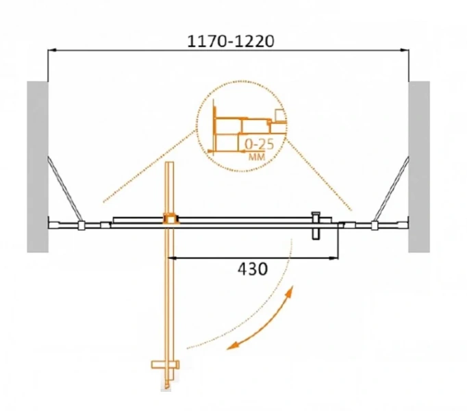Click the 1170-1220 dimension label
click(231, 41)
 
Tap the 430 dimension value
click(253, 269)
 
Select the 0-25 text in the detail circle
click(259, 145)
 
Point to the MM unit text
click(257, 157)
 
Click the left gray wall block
click(38, 167)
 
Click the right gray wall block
click(419, 167)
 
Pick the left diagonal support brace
click(64, 190)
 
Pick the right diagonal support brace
click(391, 190)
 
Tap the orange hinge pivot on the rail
click(171, 219)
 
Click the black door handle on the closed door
click(316, 225)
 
